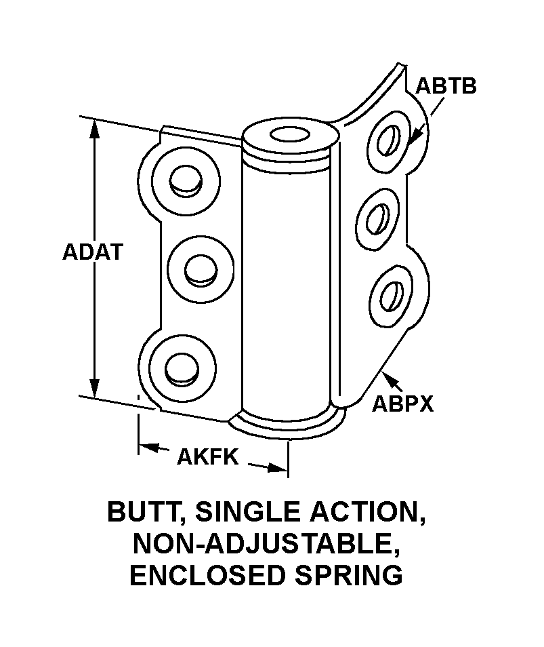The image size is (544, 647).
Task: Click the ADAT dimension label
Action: point(93,252)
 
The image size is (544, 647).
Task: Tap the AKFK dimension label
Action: point(208,456)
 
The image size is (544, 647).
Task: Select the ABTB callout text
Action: point(446,86)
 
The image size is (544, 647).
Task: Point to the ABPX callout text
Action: point(402,404)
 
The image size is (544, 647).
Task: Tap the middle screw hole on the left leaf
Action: point(201,271)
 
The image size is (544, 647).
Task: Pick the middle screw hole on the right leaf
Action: point(378,218)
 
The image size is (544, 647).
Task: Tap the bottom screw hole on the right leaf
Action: point(392,296)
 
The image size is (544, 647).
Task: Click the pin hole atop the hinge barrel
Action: point(290,134)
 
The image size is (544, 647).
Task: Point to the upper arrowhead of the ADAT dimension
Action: point(95,129)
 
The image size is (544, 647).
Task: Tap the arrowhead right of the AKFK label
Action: point(277,467)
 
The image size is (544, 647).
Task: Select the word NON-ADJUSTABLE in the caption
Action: point(267,543)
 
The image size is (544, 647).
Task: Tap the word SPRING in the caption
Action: point(349,575)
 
